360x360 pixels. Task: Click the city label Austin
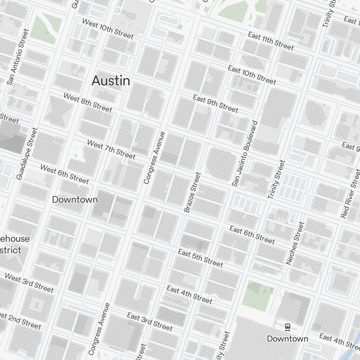click(x=111, y=81)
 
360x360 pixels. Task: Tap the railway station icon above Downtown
click(x=287, y=327)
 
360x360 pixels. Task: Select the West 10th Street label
click(x=108, y=29)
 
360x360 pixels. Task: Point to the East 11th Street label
click(x=271, y=41)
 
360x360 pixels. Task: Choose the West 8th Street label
click(x=88, y=102)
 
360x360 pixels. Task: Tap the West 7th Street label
click(x=111, y=149)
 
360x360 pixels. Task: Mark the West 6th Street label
click(x=64, y=174)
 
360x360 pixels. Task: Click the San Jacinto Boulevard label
click(x=245, y=153)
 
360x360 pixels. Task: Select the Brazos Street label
click(x=192, y=192)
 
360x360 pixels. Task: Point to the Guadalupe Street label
click(x=27, y=153)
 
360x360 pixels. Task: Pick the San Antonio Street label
click(x=17, y=57)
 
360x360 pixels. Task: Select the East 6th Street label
click(x=252, y=235)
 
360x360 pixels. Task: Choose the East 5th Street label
click(x=201, y=258)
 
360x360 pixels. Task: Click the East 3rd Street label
click(x=150, y=321)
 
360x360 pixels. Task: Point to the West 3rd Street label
click(x=29, y=283)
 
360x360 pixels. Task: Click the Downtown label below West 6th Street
click(x=75, y=199)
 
